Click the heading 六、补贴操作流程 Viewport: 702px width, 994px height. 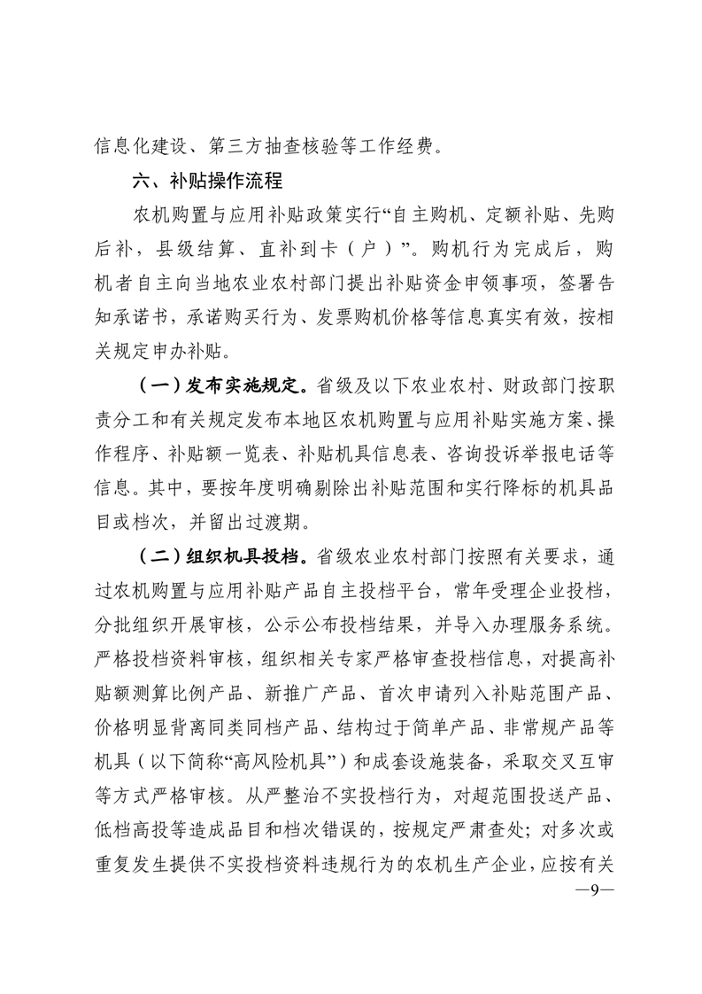tap(206, 181)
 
